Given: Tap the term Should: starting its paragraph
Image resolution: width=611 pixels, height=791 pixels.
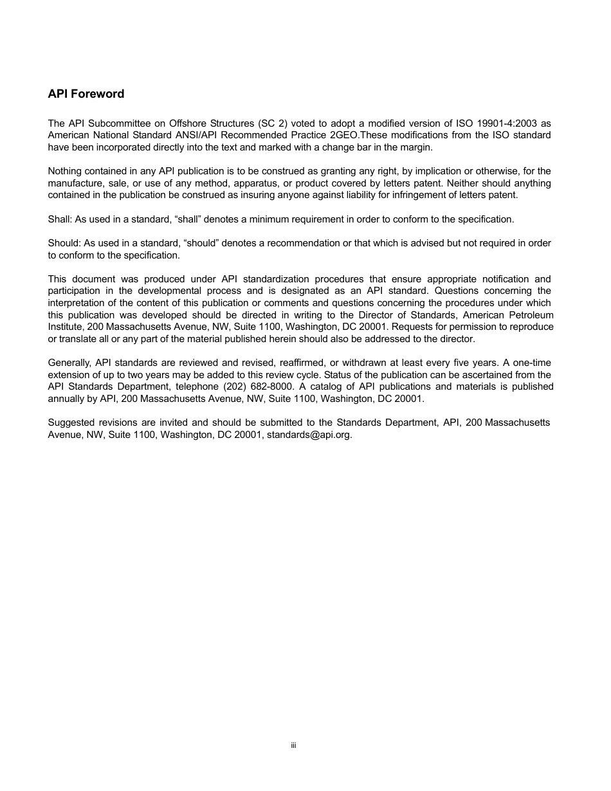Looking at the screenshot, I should pyautogui.click(x=64, y=243).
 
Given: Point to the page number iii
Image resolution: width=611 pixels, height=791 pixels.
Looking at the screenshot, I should pyautogui.click(x=293, y=745).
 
